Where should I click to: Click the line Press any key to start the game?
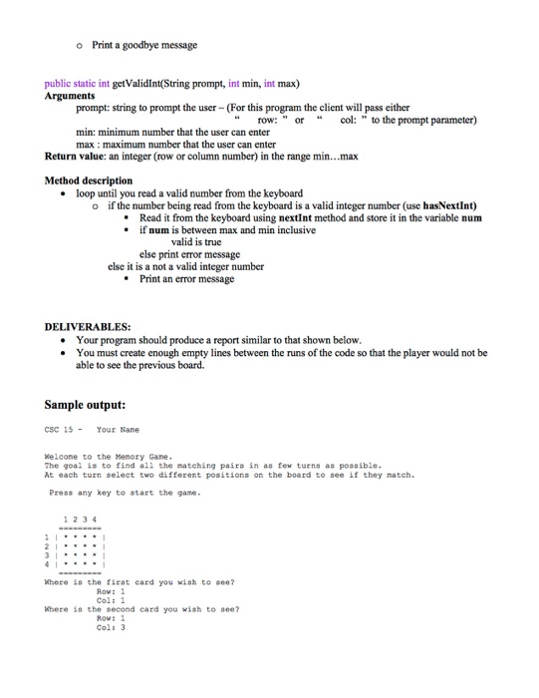125,493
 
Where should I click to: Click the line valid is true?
204,241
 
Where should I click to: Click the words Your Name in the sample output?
116,432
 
